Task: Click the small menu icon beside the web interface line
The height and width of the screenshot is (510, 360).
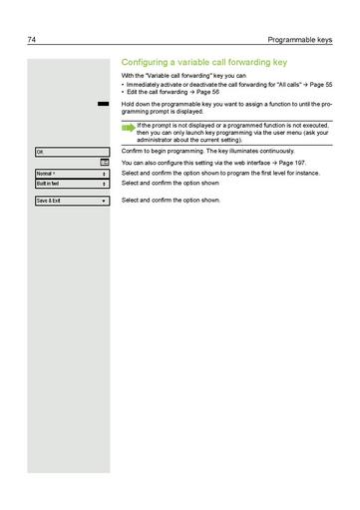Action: [x=104, y=161]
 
